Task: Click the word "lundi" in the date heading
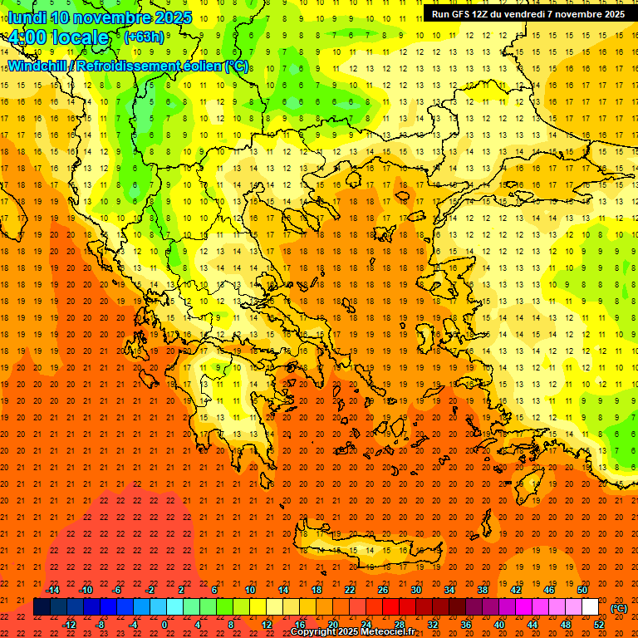pos(27,17)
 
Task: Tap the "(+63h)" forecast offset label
pos(144,37)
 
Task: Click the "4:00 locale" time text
pos(59,37)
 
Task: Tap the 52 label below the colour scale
pos(599,624)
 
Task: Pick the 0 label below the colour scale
pos(164,624)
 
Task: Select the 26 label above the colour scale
pos(383,590)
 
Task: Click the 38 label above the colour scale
pos(483,590)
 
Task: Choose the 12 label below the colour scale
pos(266,624)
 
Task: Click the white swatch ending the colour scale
pos(590,607)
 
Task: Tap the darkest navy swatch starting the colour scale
pos(42,607)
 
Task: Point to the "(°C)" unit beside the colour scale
pos(619,608)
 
